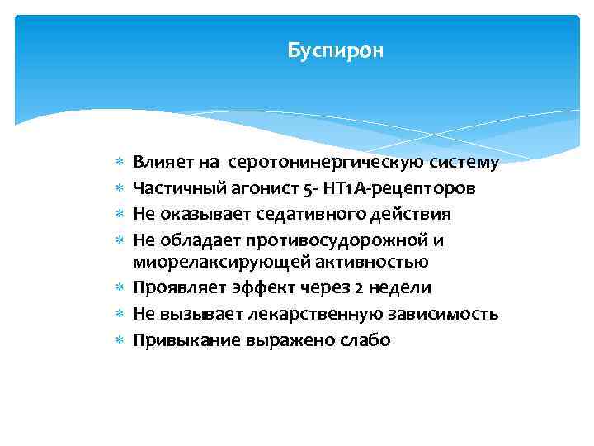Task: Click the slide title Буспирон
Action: tap(336, 51)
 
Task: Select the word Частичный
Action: tap(169, 188)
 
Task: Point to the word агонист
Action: tap(247, 188)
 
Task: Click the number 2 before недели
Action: tap(362, 288)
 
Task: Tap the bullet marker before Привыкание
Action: tap(121, 339)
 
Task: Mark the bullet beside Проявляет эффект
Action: tap(121, 288)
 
